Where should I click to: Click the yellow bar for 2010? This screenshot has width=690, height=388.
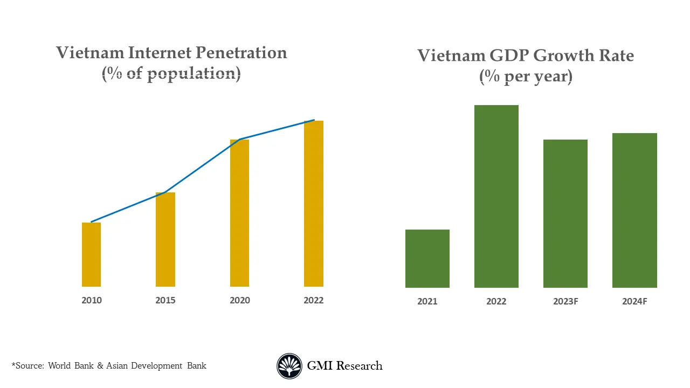coord(91,254)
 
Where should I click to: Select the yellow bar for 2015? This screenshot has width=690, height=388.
coord(165,239)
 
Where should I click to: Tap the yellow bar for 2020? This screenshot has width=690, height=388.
coord(239,213)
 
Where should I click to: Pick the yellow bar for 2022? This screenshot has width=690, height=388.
coord(314,204)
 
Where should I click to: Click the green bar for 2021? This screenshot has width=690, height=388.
coord(427,259)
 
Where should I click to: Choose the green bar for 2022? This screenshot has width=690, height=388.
coord(496,196)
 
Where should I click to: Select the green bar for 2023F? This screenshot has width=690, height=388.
coord(565,213)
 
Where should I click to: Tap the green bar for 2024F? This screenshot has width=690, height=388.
coord(634,210)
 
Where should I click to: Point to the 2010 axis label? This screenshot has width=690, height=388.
coord(91,300)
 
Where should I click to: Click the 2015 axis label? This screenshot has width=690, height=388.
coord(165,300)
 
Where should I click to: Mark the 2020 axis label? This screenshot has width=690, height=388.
coord(239,300)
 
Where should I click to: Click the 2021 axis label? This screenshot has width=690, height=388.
coord(427,302)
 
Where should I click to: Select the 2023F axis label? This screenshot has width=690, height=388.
coord(565,302)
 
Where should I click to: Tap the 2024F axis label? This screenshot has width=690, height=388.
coord(634,302)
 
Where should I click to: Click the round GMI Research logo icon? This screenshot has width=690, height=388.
coord(289,366)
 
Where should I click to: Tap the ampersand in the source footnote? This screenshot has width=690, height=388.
coord(100,366)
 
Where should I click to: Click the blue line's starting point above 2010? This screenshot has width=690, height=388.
coord(92,221)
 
